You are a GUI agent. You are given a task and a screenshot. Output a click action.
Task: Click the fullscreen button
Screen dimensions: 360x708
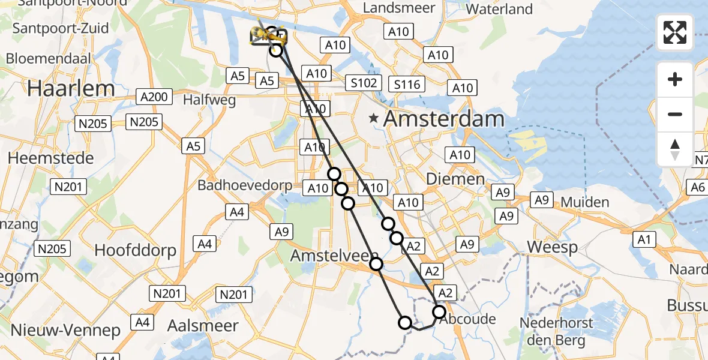(x=675, y=32)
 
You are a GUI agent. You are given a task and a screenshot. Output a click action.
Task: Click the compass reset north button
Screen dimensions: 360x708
(x=675, y=149)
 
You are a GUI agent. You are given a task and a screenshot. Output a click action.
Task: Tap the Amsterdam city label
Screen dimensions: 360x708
(x=443, y=119)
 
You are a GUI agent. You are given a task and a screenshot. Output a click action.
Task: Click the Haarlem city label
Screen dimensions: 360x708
(x=71, y=88)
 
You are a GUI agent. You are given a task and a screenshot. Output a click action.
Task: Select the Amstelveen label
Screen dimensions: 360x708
(x=333, y=256)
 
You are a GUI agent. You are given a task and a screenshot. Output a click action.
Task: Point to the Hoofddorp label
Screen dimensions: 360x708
(x=135, y=250)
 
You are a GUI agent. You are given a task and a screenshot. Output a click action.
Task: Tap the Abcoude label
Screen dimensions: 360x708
(x=467, y=319)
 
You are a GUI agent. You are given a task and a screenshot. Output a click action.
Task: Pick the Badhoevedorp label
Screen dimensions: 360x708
(x=245, y=185)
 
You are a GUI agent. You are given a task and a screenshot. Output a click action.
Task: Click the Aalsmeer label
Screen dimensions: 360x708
(x=203, y=326)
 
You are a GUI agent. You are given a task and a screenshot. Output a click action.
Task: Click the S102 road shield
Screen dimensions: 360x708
(x=363, y=83)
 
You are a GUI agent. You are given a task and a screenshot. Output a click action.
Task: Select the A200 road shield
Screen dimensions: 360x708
(x=155, y=97)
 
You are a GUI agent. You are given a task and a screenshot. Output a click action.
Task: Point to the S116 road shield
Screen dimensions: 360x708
(x=406, y=84)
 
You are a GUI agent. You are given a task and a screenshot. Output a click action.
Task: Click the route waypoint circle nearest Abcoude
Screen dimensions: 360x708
(x=439, y=312)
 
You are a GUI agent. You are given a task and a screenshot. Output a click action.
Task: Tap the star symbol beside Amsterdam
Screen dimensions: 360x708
(x=374, y=119)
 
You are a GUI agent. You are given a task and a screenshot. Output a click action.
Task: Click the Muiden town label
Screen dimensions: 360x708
(x=585, y=202)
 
